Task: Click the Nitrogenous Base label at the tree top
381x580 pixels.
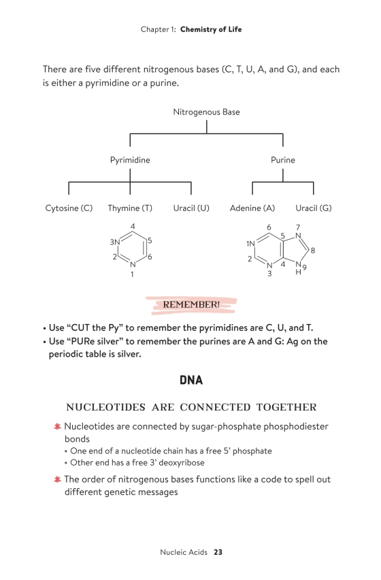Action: pyautogui.click(x=206, y=112)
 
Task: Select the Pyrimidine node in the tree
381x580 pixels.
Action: pyautogui.click(x=130, y=160)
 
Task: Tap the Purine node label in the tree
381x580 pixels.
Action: pyautogui.click(x=283, y=160)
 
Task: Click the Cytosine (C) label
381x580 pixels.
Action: pyautogui.click(x=69, y=208)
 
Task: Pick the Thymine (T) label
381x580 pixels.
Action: pyautogui.click(x=130, y=208)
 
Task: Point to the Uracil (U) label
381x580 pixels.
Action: pyautogui.click(x=191, y=208)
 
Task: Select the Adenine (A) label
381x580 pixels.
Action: pyautogui.click(x=252, y=208)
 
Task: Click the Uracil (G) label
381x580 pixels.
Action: pyautogui.click(x=314, y=208)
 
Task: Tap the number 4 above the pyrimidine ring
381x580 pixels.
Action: pyautogui.click(x=133, y=227)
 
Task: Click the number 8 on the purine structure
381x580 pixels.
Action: pyautogui.click(x=313, y=251)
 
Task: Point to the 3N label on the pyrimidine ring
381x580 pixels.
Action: pyautogui.click(x=115, y=242)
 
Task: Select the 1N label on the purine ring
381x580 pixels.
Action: pyautogui.click(x=250, y=244)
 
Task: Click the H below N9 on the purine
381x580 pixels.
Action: pyautogui.click(x=298, y=272)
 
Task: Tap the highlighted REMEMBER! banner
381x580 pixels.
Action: pyautogui.click(x=191, y=305)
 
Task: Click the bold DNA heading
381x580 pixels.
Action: pyautogui.click(x=191, y=381)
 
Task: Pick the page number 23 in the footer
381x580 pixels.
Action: pyautogui.click(x=218, y=552)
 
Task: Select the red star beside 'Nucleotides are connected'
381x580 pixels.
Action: pyautogui.click(x=57, y=427)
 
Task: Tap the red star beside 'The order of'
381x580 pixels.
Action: pyautogui.click(x=57, y=479)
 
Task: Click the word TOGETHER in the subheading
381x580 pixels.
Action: pyautogui.click(x=286, y=407)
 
